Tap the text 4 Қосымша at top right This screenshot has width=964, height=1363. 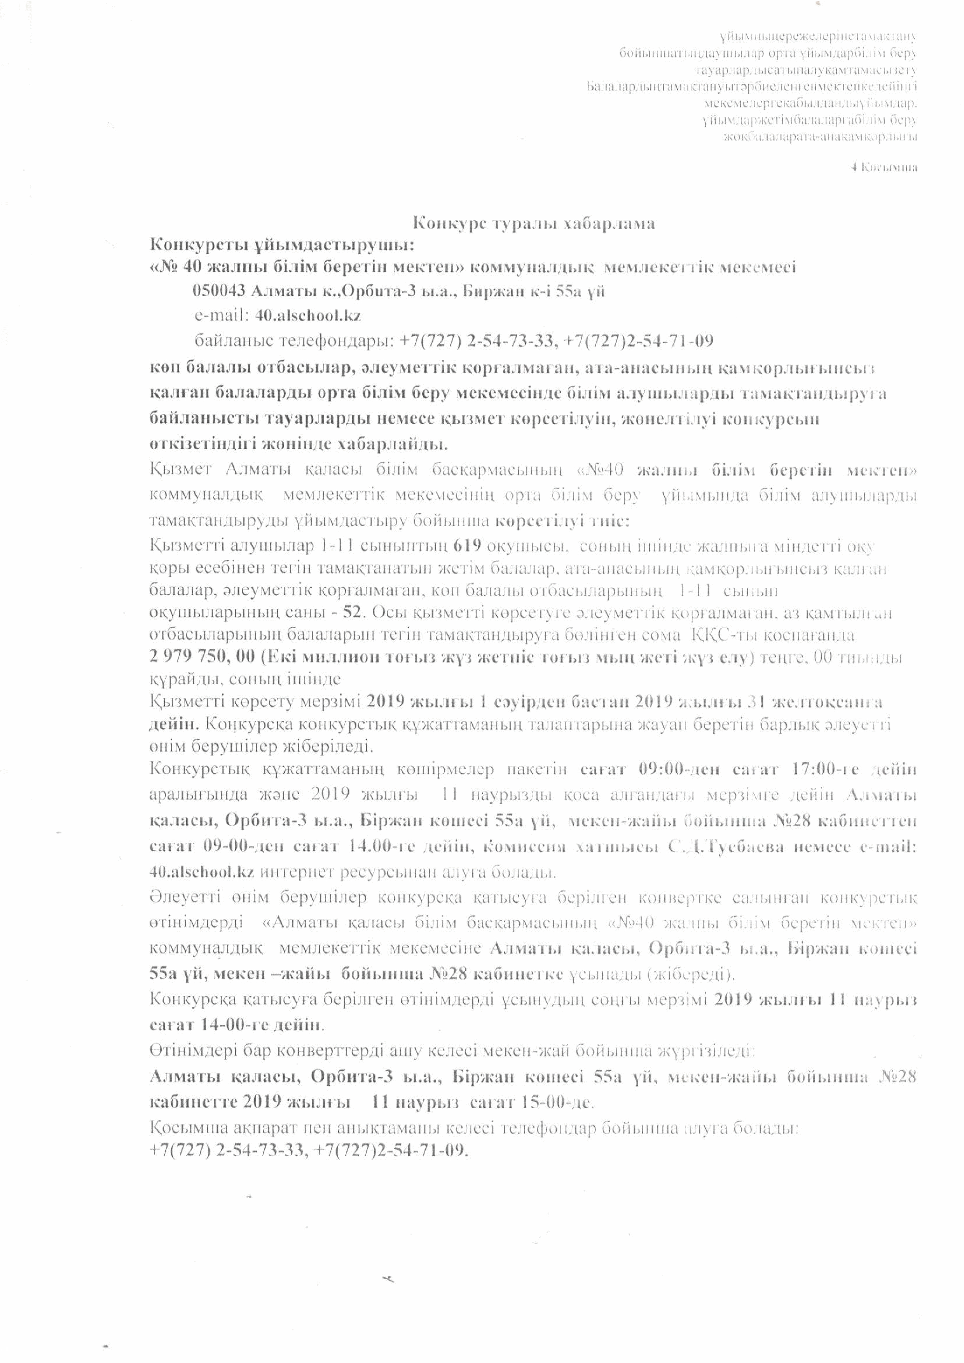click(x=884, y=167)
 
